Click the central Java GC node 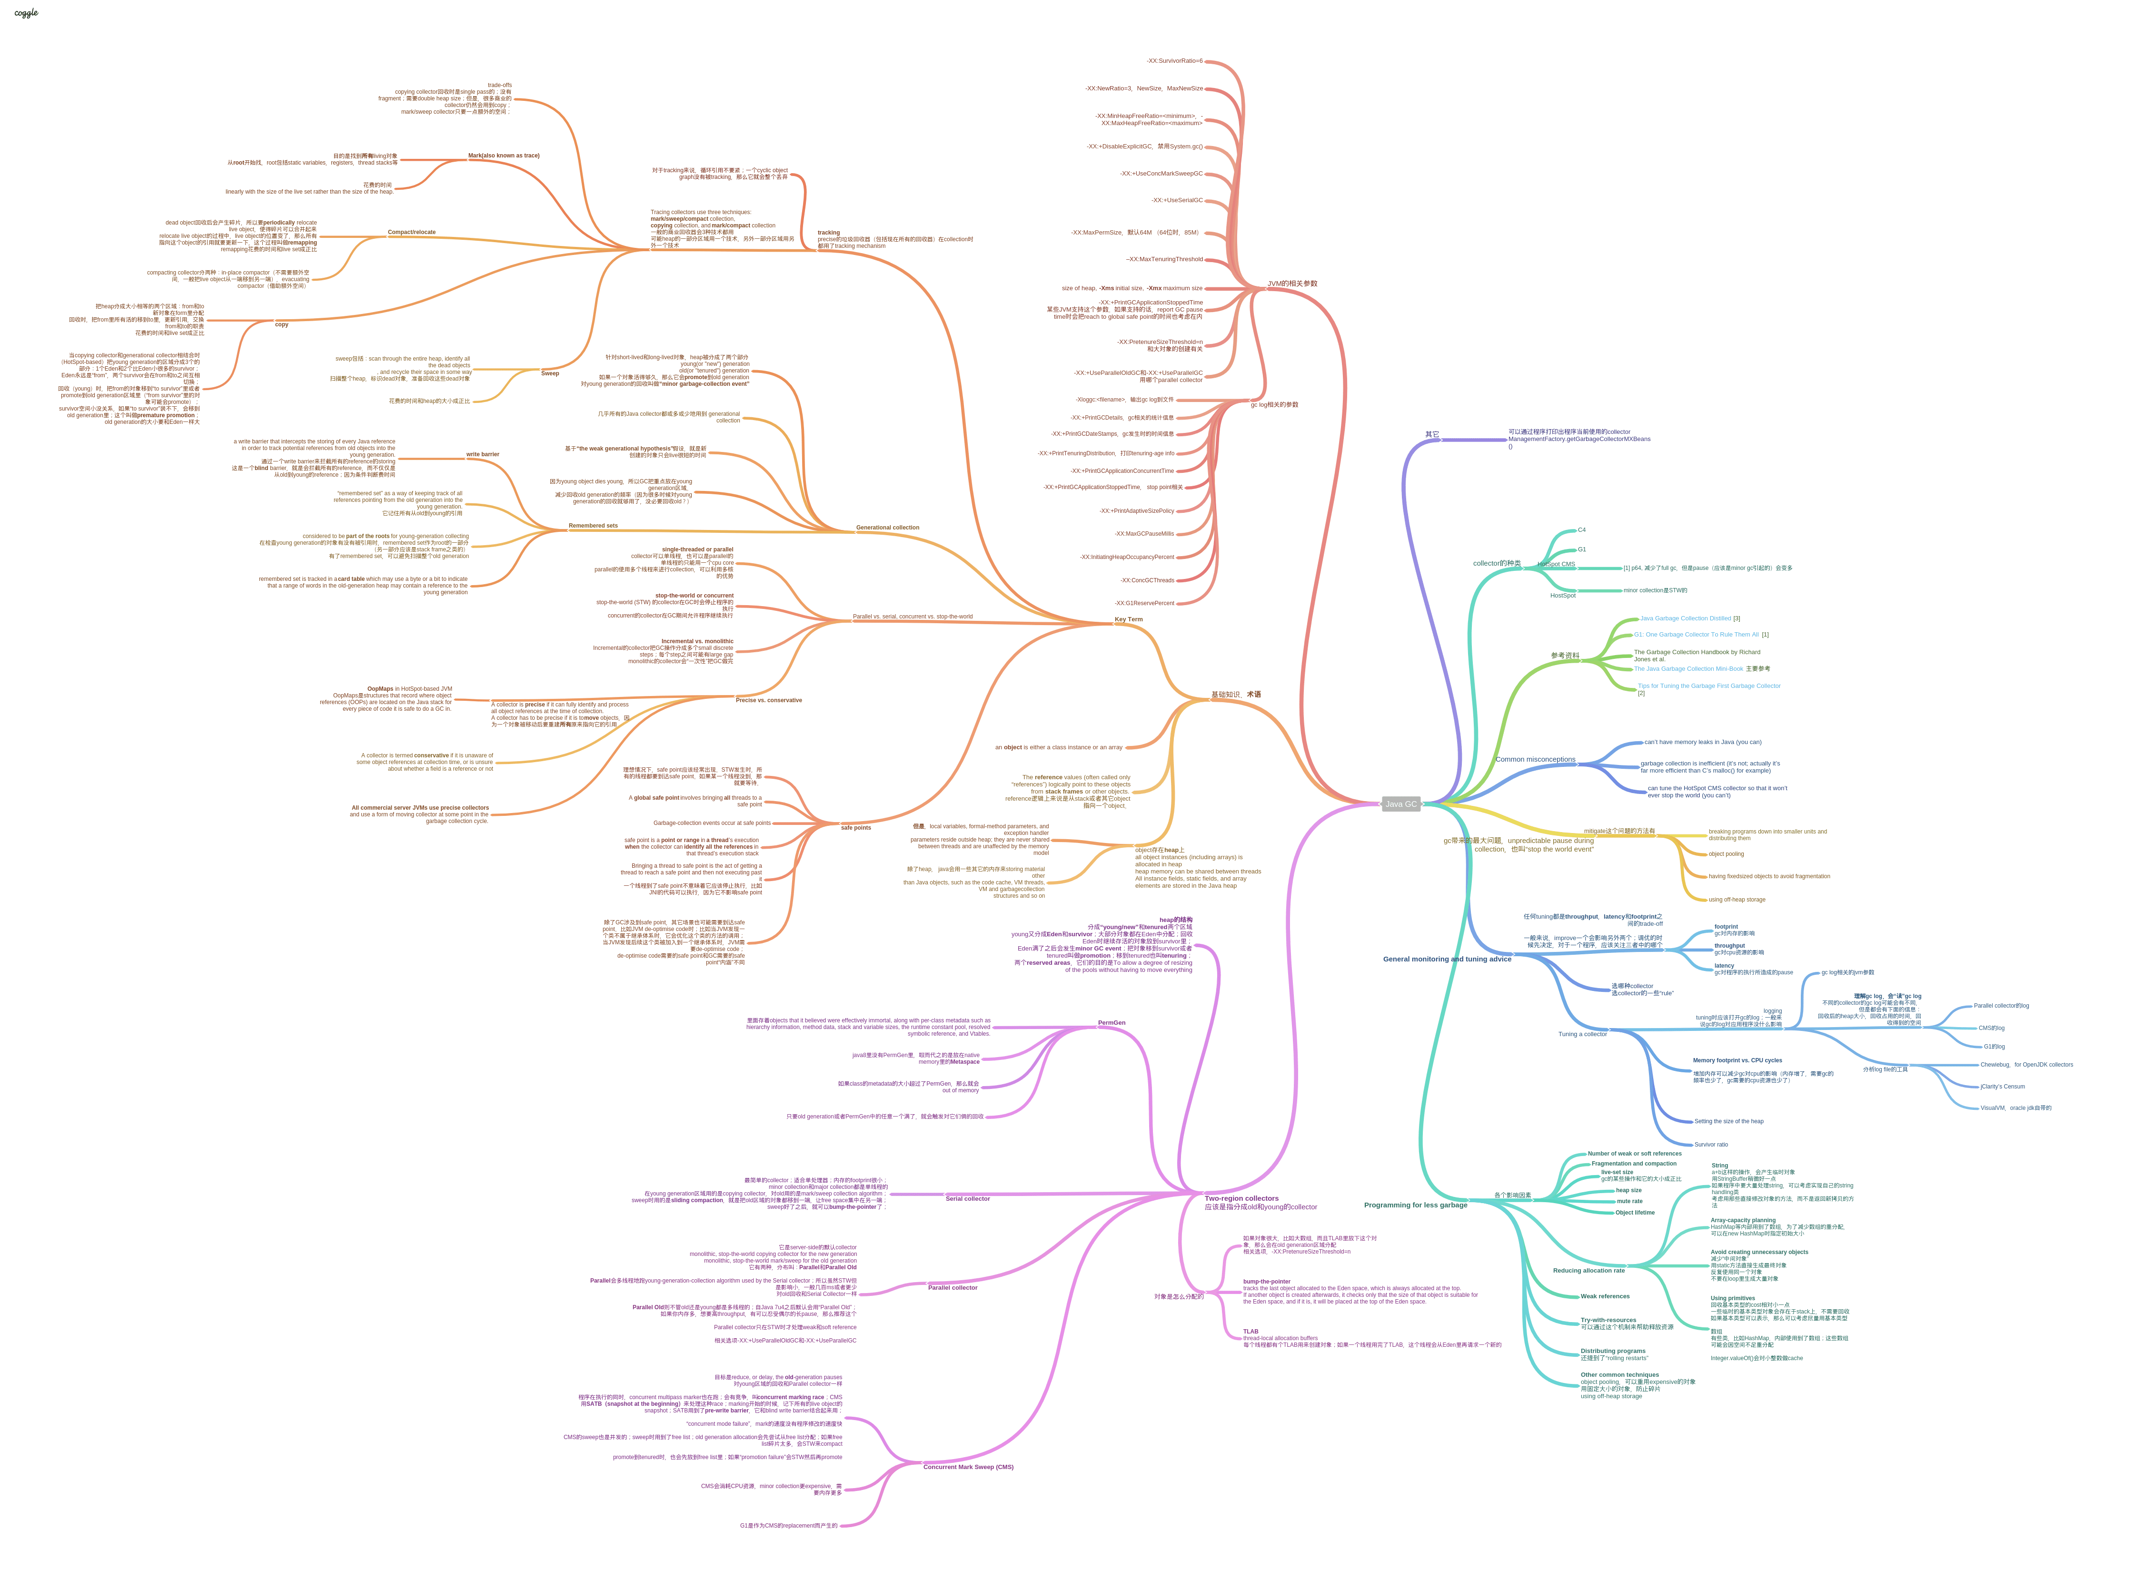pos(1400,804)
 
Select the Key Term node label pos(1128,619)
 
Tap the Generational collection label pos(887,528)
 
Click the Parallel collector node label pos(952,1287)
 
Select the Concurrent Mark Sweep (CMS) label pos(967,1467)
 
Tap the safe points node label pos(855,828)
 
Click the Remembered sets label pos(592,526)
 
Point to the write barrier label pos(483,455)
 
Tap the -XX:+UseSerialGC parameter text pos(1177,200)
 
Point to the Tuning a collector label pos(1582,1034)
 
